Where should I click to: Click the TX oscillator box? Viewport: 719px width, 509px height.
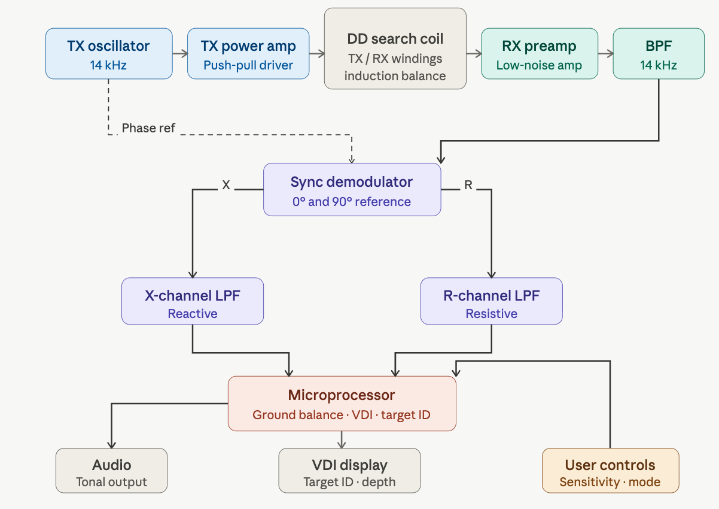tap(109, 53)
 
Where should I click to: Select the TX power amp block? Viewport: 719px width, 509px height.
tap(248, 53)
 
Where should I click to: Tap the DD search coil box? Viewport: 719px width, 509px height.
tap(395, 49)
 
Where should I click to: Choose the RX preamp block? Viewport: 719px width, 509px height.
tap(539, 53)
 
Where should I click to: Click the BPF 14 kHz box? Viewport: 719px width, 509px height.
tap(658, 53)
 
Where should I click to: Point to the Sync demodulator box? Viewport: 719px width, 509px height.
tap(352, 189)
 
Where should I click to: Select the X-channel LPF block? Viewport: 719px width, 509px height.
tap(192, 301)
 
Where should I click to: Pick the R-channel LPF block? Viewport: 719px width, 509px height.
tap(491, 301)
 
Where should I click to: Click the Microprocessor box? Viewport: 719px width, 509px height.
tap(342, 403)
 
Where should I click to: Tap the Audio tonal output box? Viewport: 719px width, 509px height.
tap(111, 470)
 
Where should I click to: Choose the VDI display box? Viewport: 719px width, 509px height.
tap(349, 470)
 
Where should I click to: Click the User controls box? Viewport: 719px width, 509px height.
tap(610, 470)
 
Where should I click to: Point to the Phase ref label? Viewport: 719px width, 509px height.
tap(148, 128)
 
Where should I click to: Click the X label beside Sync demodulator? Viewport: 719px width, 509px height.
tap(226, 186)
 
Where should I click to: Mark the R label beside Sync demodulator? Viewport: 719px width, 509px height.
tap(468, 186)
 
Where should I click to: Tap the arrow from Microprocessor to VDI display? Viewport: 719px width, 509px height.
tap(342, 439)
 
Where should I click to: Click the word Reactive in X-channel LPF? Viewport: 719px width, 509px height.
tap(192, 314)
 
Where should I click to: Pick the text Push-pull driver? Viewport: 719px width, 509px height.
tap(248, 65)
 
